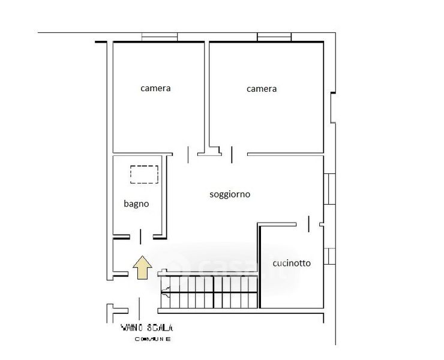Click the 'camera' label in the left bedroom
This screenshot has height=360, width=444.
155,88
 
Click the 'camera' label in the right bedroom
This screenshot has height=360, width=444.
262,89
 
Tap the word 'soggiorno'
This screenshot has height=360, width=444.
230,194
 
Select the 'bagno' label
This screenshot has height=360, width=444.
136,203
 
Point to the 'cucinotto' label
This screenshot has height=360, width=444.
292,263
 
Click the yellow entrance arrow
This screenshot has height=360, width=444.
142,268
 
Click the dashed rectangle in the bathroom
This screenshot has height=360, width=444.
144,175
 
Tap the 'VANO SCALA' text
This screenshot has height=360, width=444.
146,328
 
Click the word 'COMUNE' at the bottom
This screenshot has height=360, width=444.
152,339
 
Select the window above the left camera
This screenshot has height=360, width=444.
160,37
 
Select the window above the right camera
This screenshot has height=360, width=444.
274,37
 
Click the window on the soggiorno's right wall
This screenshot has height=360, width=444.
329,189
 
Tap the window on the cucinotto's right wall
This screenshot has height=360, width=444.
329,256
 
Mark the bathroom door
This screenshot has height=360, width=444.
140,237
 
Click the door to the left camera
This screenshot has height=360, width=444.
188,155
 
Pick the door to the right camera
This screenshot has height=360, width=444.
232,155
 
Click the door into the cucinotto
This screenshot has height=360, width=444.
308,224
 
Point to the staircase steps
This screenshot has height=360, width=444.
209,292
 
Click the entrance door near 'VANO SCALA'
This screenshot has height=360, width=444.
139,309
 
